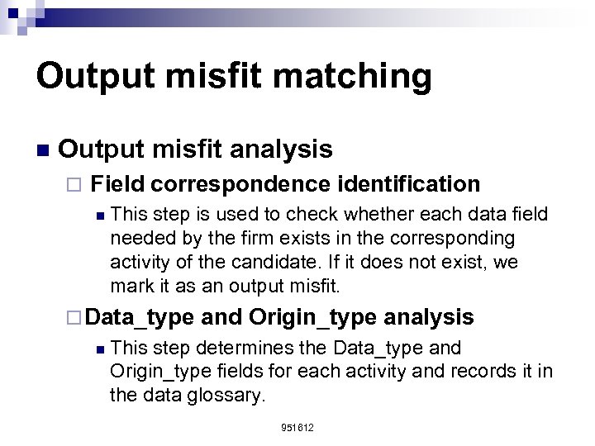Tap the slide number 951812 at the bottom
tap(297, 428)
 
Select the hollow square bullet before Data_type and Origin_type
tap(74, 317)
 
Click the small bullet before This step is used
tap(98, 216)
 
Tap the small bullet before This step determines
tap(98, 349)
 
